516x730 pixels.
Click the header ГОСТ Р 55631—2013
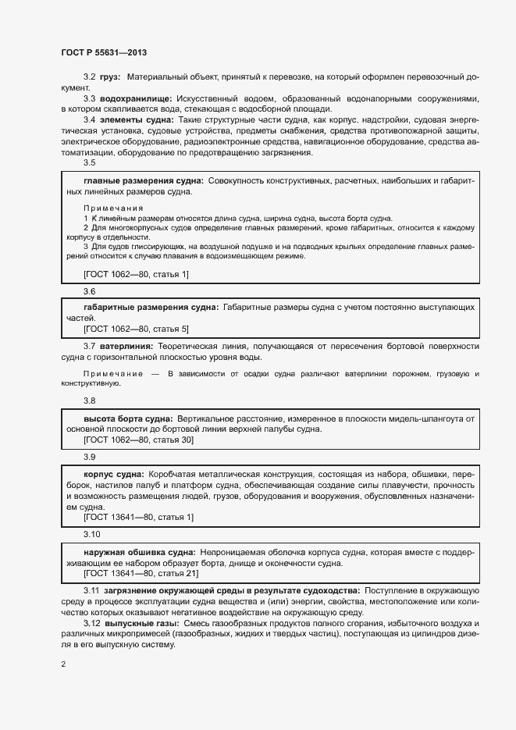(103, 52)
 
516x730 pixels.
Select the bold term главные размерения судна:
(143, 180)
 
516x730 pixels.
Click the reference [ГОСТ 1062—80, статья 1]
(136, 273)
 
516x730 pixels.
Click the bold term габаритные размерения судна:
(151, 308)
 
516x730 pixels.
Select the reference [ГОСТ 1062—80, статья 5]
(136, 329)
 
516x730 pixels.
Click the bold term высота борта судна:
(129, 419)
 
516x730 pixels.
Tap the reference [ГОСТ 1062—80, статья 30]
(138, 440)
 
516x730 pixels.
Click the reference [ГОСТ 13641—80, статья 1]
(138, 517)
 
